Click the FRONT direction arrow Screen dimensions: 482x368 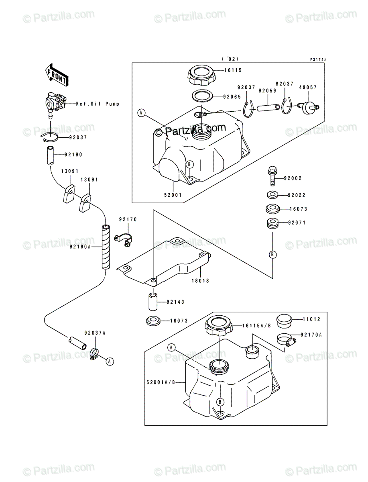57,75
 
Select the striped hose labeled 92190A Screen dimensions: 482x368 105,247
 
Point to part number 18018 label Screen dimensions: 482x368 200,282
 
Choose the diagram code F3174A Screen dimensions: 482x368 318,59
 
